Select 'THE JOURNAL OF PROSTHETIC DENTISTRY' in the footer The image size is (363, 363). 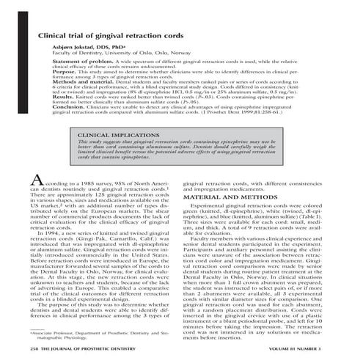81,351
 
